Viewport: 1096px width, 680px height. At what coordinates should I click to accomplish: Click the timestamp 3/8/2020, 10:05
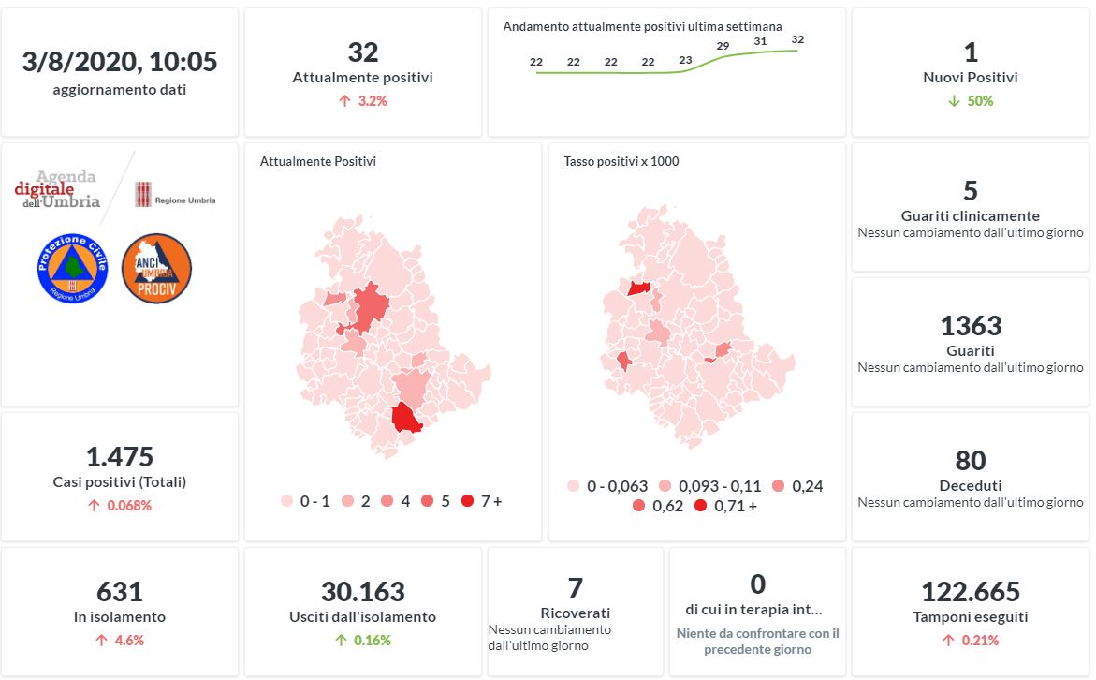click(120, 62)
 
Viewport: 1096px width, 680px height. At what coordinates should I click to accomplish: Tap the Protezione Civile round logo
click(72, 268)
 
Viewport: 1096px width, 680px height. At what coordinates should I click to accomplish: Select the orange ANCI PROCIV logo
click(156, 268)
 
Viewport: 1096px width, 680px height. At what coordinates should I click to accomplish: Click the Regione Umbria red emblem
click(143, 195)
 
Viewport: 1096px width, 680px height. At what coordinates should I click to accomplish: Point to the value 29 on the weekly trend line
click(723, 46)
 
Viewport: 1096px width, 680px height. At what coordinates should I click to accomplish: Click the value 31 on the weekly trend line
click(760, 41)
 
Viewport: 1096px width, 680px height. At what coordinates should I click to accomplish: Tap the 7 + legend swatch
click(467, 501)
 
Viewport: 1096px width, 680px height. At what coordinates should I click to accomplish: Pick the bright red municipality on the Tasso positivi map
click(640, 288)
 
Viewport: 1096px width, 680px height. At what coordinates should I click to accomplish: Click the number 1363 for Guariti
click(971, 326)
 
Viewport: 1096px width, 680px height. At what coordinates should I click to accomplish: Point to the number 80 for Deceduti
click(971, 461)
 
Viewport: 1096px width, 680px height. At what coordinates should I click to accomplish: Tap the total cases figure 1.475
click(120, 457)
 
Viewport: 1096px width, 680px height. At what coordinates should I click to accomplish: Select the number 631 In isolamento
click(120, 592)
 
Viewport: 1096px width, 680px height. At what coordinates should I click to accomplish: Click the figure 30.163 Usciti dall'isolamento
click(363, 592)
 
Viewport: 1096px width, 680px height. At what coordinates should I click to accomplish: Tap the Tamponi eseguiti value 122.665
click(971, 592)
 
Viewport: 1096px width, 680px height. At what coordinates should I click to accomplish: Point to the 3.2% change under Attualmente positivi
click(363, 100)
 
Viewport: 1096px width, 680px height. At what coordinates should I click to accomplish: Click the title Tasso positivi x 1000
click(621, 161)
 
